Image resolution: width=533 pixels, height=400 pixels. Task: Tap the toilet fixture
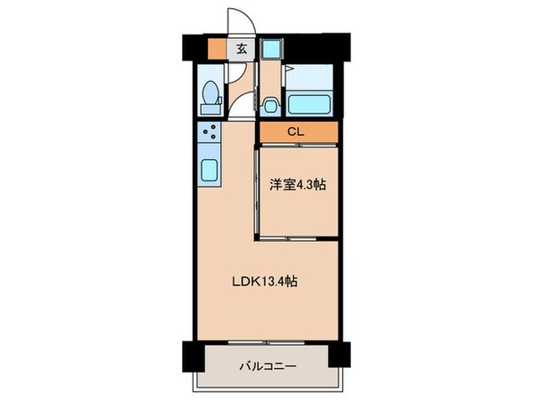click(211, 95)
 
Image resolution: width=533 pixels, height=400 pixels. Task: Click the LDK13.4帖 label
click(265, 282)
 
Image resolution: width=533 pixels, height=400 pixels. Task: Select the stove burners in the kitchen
click(211, 136)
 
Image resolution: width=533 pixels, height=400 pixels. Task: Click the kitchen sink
click(211, 171)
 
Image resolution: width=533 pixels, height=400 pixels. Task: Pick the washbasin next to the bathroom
click(271, 103)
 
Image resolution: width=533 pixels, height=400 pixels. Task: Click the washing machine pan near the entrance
click(272, 52)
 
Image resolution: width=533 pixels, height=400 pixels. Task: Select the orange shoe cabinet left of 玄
click(219, 50)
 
